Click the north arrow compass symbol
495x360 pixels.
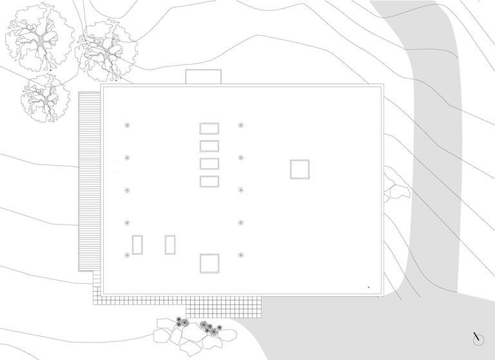478,339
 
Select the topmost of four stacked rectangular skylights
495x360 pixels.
209,128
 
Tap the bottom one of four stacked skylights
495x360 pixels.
209,181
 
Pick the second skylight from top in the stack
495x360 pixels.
209,146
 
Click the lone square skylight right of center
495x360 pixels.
299,169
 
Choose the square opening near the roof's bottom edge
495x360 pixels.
209,263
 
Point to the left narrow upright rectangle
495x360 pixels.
137,245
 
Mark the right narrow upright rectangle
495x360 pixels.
170,245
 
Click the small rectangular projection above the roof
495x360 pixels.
203,77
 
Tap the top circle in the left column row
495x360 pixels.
127,125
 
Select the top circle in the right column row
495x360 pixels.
240,125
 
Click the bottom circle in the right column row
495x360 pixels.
240,255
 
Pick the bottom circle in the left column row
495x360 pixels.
127,255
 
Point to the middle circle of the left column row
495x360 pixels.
127,190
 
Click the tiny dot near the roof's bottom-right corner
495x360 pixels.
369,287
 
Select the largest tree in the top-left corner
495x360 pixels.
39,39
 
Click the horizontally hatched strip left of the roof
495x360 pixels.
90,181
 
